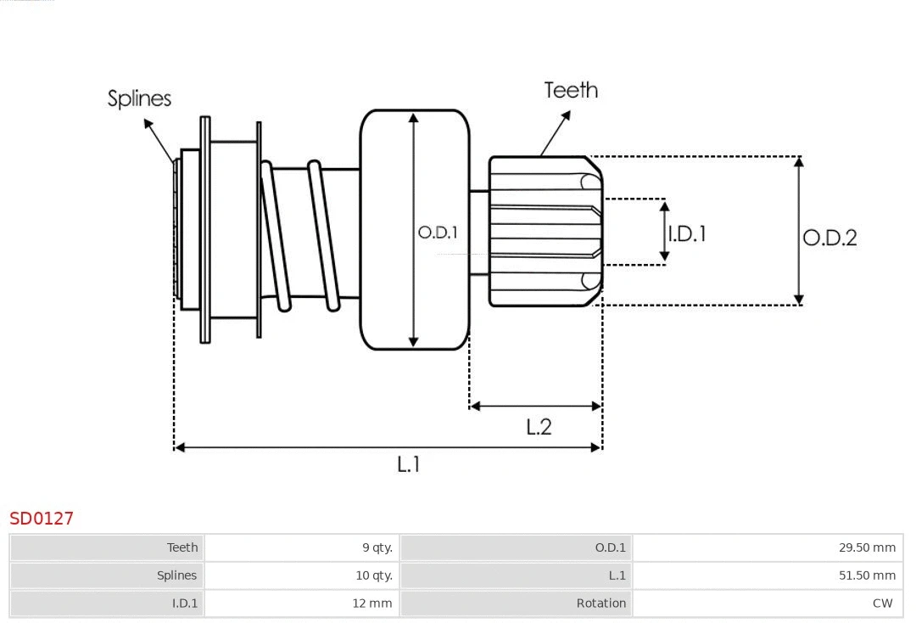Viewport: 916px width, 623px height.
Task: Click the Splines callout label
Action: coord(139,98)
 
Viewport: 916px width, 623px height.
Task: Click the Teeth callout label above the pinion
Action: coord(571,90)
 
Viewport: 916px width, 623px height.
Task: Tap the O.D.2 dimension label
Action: coord(829,238)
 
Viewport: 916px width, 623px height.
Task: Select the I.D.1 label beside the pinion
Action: coord(687,233)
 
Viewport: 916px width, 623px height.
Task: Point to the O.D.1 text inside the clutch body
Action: coord(438,232)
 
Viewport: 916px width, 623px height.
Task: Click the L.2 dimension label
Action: coord(539,427)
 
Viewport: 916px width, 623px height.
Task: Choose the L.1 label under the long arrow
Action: coord(409,464)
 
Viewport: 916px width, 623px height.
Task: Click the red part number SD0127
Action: coord(42,518)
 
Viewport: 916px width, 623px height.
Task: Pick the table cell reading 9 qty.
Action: coord(377,547)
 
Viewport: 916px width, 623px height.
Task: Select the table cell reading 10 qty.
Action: coord(374,575)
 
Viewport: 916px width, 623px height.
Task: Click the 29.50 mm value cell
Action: coord(867,547)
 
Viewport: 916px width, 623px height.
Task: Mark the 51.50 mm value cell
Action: coord(867,575)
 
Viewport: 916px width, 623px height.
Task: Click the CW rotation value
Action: coord(882,603)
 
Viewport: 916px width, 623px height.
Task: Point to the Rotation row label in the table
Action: coord(600,603)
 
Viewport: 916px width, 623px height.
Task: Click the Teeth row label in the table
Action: coord(182,547)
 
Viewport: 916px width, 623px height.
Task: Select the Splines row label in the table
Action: coord(176,575)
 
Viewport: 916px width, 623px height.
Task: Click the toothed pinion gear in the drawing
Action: coord(543,231)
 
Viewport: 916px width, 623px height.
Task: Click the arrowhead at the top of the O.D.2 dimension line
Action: coord(798,161)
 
